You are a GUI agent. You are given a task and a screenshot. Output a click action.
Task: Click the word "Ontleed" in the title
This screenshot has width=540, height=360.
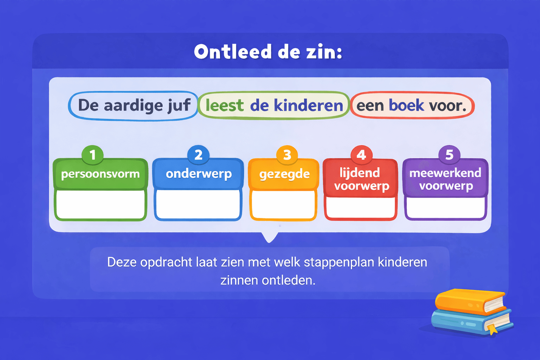pos(233,52)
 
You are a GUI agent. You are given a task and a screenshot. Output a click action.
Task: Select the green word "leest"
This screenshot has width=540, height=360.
pos(224,105)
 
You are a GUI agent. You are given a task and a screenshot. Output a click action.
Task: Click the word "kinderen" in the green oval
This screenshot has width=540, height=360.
pos(308,105)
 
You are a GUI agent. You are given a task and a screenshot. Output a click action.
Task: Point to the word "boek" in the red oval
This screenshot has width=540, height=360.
pos(406,105)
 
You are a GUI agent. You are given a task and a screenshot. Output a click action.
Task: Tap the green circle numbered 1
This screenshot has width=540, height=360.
pos(92,155)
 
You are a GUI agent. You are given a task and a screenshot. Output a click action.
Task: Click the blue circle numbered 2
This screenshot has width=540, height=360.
pos(198,155)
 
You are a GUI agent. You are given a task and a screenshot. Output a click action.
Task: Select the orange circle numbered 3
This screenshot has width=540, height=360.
pos(287,155)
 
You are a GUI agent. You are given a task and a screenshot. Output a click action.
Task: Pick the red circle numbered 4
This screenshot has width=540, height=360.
pos(361,155)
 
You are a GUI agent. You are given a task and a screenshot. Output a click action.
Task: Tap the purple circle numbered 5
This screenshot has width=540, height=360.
pos(449,155)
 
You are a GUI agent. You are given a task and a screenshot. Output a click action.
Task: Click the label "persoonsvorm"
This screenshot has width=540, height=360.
pos(100,174)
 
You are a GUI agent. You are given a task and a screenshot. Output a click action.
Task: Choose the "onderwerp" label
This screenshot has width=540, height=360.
pos(199,174)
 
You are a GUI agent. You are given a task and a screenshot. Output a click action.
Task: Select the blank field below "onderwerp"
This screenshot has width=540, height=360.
pos(198,204)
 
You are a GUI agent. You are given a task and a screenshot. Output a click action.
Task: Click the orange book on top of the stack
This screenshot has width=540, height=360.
pos(468,301)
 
